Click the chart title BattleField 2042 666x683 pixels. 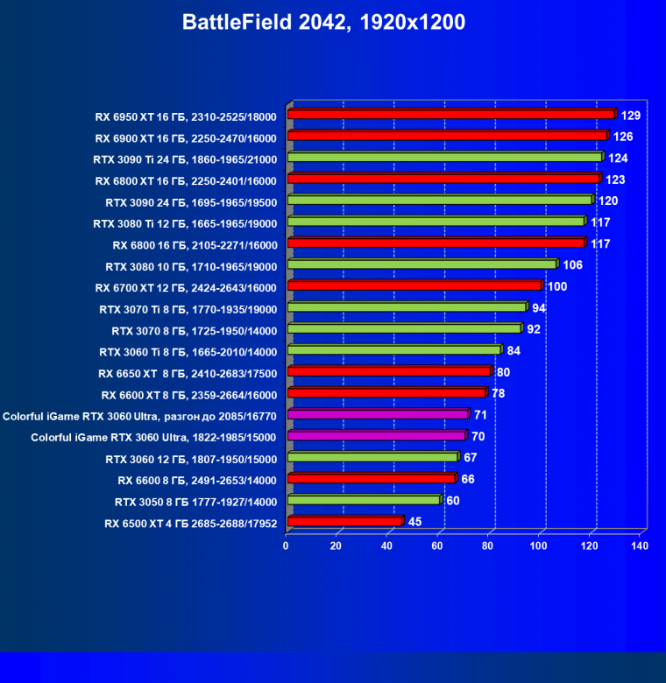[x=323, y=23]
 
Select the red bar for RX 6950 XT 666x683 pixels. [x=451, y=115]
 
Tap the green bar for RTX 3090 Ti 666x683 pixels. [x=444, y=158]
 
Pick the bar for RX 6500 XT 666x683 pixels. [x=344, y=522]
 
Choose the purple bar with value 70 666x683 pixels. [x=376, y=436]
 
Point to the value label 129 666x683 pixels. [x=631, y=116]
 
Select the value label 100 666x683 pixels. [x=557, y=287]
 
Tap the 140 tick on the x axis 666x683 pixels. [x=640, y=546]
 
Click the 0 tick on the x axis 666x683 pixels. [x=286, y=546]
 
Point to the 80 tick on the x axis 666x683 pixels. [x=488, y=546]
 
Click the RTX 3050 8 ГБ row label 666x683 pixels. [x=195, y=503]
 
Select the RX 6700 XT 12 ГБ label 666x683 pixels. [x=186, y=287]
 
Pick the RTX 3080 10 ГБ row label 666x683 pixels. [x=191, y=266]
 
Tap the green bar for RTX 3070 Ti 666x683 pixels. [x=407, y=308]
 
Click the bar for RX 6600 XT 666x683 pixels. [x=386, y=393]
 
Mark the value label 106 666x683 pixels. [x=572, y=265]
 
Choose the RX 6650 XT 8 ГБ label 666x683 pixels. [x=188, y=373]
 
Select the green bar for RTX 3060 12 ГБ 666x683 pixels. [x=372, y=458]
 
